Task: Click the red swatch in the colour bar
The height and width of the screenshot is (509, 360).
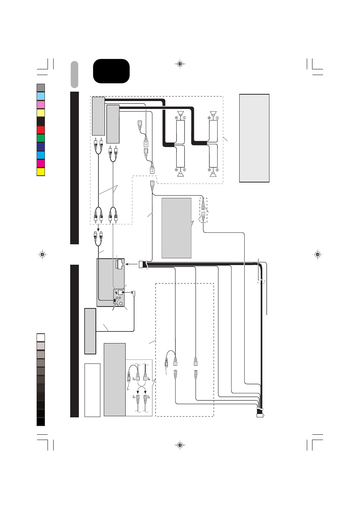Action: [x=41, y=130]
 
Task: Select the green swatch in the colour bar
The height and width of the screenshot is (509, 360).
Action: [x=41, y=138]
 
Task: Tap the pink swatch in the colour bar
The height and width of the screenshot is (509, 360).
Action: [x=41, y=104]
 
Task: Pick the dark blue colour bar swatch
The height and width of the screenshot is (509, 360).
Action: [x=41, y=147]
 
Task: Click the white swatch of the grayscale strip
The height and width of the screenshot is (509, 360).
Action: [x=41, y=338]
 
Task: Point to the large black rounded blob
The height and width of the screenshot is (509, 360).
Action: [x=111, y=71]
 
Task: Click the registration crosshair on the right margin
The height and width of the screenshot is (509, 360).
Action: [x=318, y=255]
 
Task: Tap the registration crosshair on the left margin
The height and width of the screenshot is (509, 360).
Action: [x=42, y=255]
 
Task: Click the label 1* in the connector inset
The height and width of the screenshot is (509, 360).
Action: [x=128, y=389]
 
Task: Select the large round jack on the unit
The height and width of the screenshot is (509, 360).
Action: [x=121, y=304]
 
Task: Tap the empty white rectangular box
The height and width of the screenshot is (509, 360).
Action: [x=92, y=390]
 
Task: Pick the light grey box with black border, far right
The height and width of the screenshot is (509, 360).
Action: [x=254, y=138]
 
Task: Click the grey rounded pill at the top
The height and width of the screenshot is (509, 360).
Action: [x=74, y=75]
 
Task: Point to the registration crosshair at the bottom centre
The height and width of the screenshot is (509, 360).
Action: [x=180, y=445]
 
